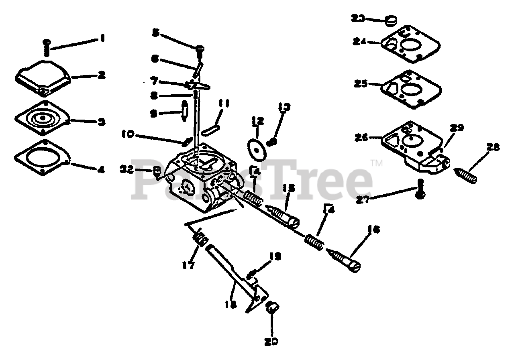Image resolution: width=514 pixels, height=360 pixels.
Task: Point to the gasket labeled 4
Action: tap(42, 158)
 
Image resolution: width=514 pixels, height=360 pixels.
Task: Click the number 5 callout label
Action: tap(155, 33)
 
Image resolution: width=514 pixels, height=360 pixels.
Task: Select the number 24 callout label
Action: tap(361, 41)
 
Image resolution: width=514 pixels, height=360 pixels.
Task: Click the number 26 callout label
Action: tap(361, 137)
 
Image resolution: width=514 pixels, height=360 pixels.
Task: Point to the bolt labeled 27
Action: tap(420, 189)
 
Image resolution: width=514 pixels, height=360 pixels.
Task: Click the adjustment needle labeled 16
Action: tap(345, 261)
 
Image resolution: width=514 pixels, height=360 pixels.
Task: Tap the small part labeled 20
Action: tap(272, 309)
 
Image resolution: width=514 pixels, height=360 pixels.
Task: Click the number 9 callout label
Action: tap(153, 114)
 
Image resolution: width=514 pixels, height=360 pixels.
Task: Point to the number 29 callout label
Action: tap(457, 128)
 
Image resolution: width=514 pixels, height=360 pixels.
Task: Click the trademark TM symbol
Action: tap(376, 163)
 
